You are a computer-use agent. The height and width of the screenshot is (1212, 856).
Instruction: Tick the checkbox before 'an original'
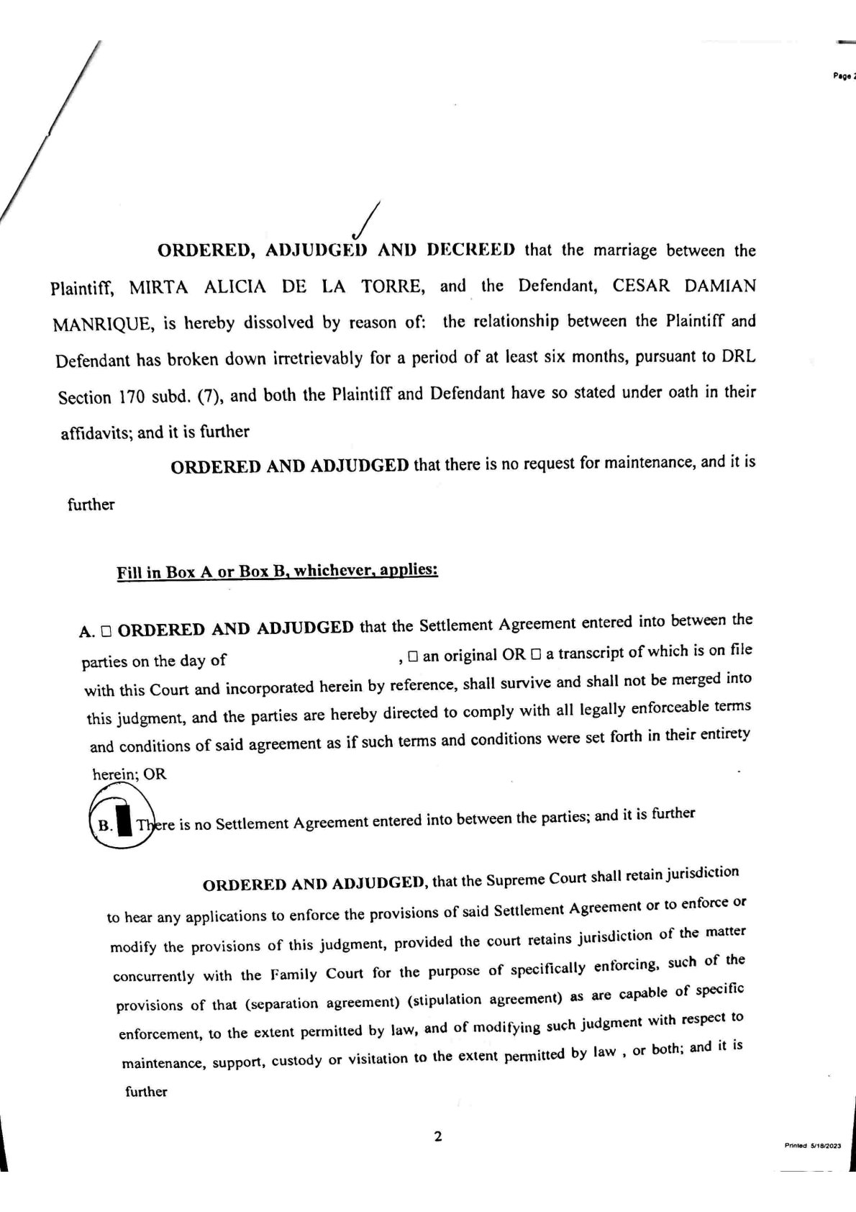[413, 656]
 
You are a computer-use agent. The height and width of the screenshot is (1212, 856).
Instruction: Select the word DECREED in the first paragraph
[471, 250]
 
